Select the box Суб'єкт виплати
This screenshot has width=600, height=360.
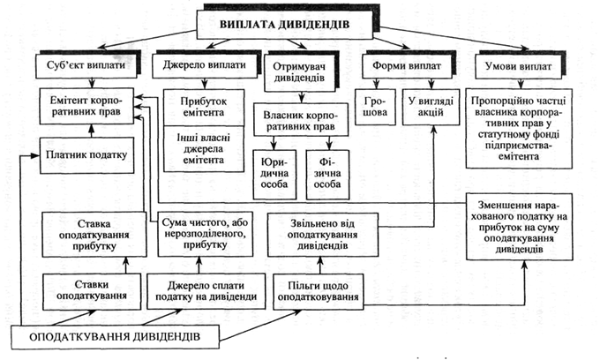click(91, 67)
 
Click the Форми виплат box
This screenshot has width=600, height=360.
click(396, 67)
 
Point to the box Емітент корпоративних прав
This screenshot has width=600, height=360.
click(91, 107)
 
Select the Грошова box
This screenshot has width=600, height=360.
click(374, 107)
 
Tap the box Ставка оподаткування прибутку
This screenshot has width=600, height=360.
click(92, 231)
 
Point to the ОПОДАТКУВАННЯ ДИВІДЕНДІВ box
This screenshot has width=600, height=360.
click(116, 337)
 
